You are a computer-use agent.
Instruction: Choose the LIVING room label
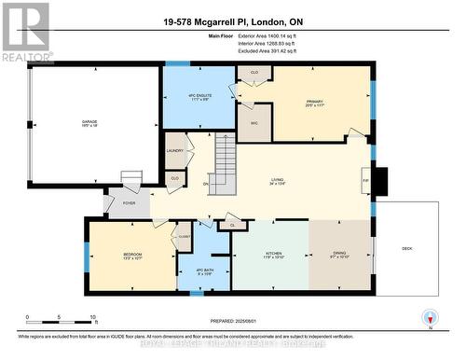pyautogui.click(x=277, y=182)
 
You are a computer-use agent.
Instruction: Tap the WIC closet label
pyautogui.click(x=252, y=121)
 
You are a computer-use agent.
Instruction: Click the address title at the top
pyautogui.click(x=232, y=22)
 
